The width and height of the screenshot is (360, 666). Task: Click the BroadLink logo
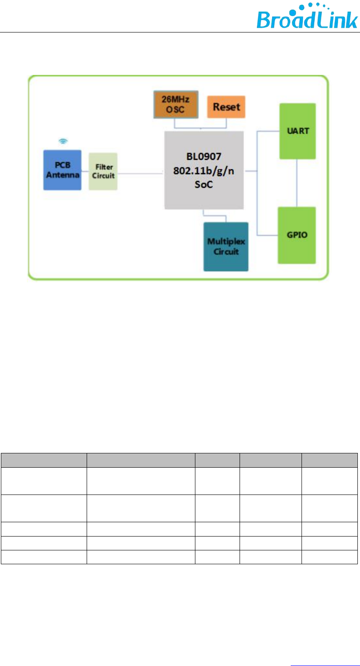[x=307, y=17]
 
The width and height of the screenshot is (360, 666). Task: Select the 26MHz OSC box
[x=175, y=104]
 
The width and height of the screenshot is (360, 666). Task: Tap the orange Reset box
[x=226, y=107]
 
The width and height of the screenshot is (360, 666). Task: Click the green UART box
[x=297, y=131]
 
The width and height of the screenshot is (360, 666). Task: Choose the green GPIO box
[x=297, y=235]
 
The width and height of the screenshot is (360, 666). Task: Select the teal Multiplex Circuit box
[x=226, y=246]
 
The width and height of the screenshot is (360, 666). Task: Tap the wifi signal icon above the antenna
[x=63, y=141]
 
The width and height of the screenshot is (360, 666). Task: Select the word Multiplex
[x=226, y=242]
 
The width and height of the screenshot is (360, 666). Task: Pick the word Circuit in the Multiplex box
[x=226, y=252]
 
